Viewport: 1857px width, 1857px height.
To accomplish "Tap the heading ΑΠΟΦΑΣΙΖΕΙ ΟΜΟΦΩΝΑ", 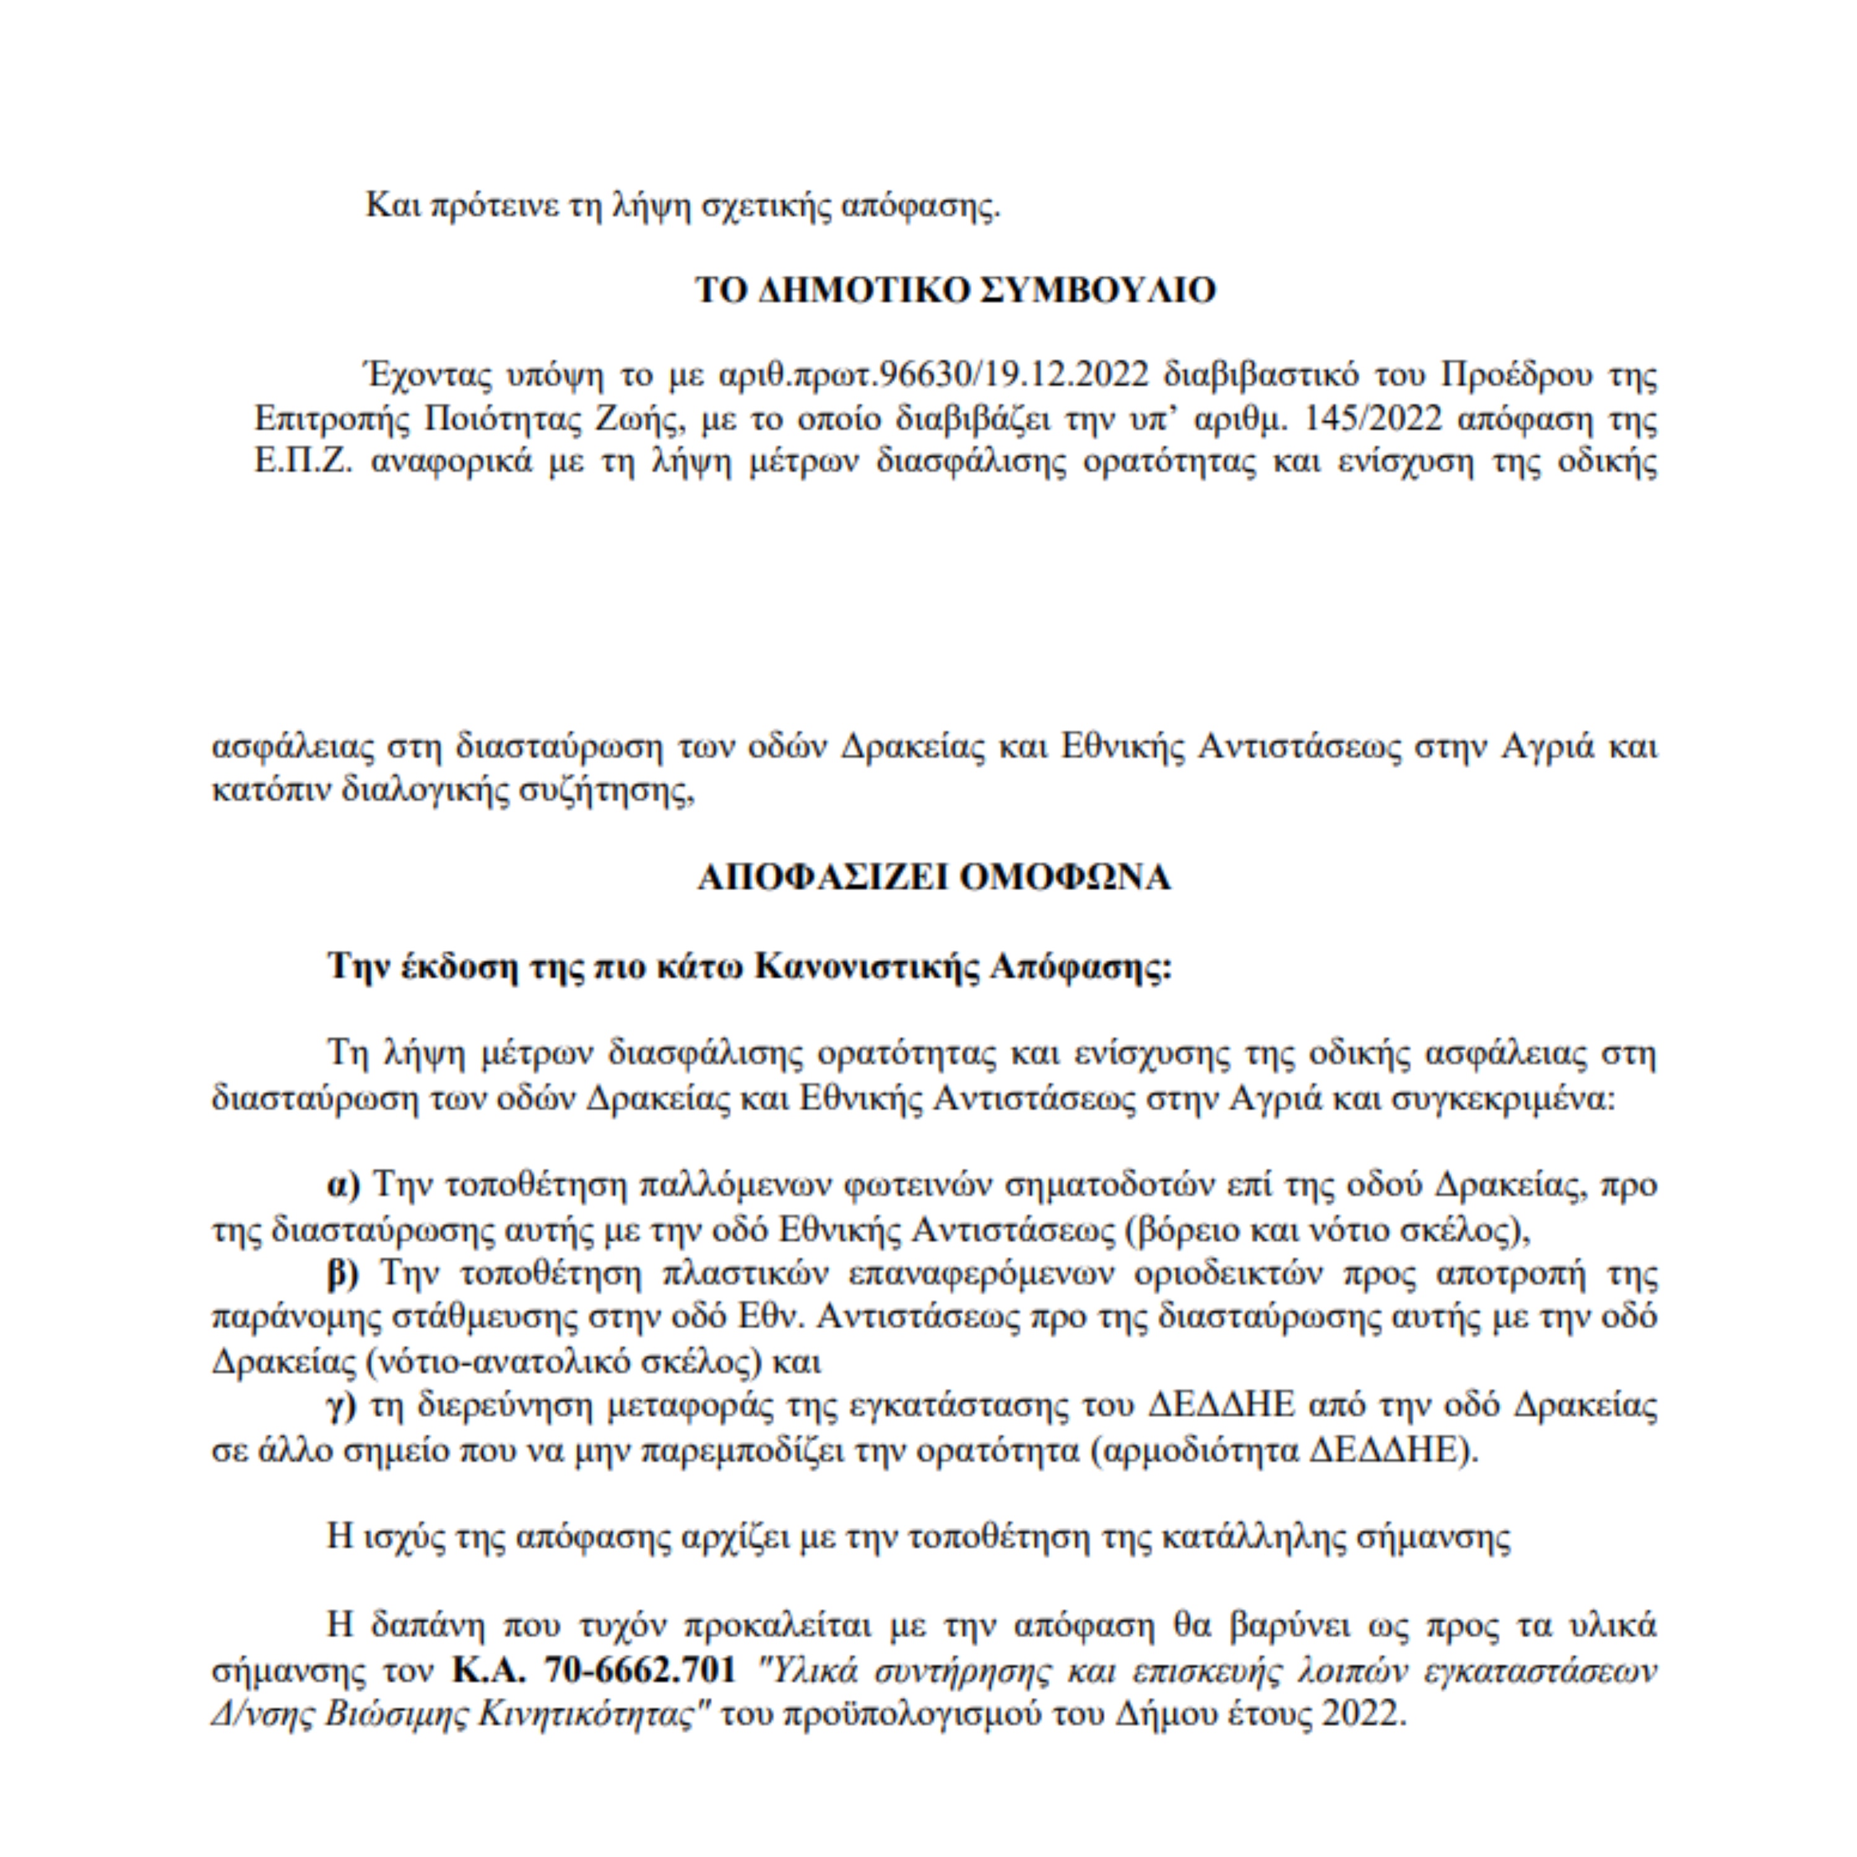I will point(934,878).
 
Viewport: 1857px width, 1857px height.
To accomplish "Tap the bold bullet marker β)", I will point(343,1273).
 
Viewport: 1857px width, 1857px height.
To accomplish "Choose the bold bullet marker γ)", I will point(341,1405).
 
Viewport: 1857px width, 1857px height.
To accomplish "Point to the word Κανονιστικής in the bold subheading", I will point(869,966).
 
